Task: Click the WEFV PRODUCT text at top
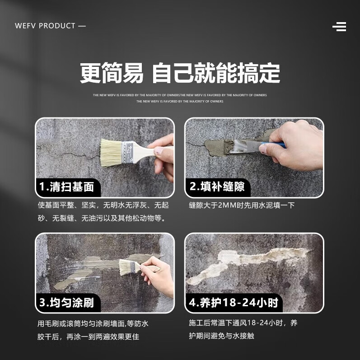tap(50, 26)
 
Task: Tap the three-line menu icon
tap(339, 27)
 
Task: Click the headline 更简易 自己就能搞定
tap(180, 73)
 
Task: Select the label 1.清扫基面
tap(66, 187)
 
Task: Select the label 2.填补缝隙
tap(217, 187)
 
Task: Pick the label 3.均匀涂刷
tap(66, 302)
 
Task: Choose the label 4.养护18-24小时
tap(234, 302)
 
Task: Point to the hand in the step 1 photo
tap(162, 154)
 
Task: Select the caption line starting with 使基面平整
tap(103, 205)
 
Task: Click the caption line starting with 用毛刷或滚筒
tap(93, 323)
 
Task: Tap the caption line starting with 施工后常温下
tap(243, 323)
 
